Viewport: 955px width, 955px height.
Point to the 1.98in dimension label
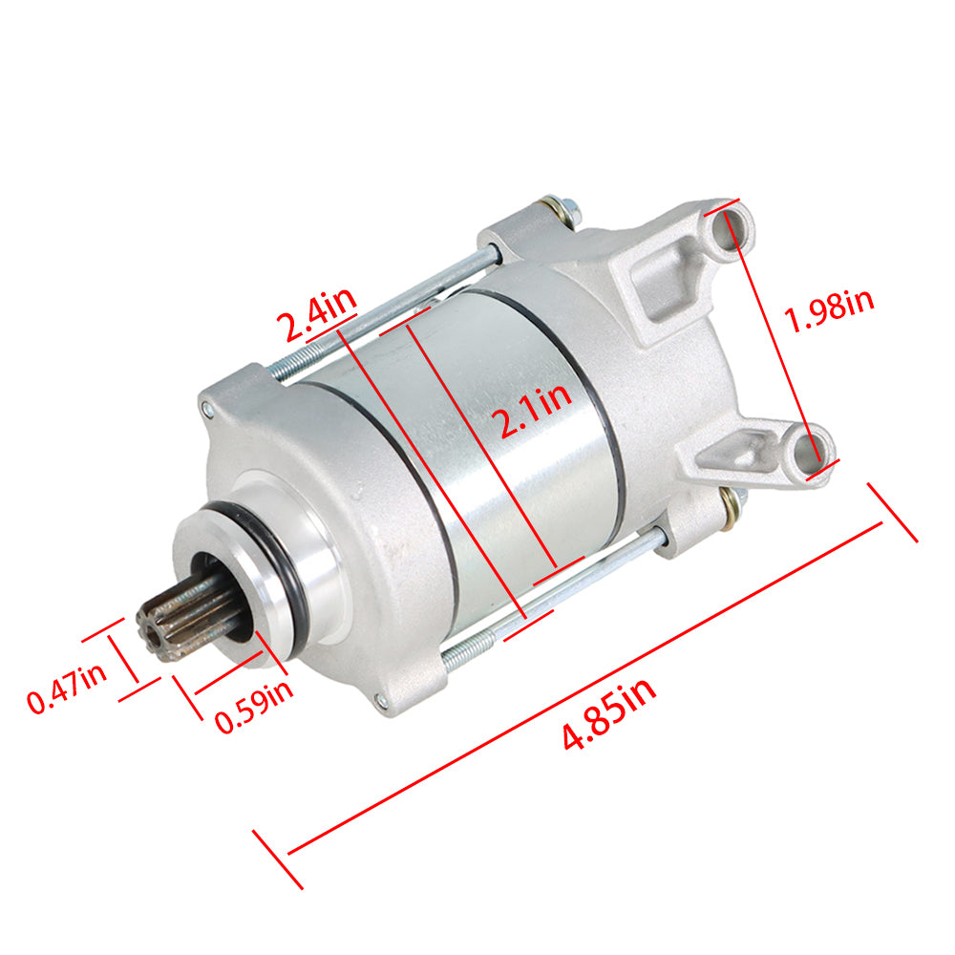(x=830, y=309)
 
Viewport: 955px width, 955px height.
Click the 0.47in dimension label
(x=67, y=689)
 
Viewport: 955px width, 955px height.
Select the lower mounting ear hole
(x=807, y=451)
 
